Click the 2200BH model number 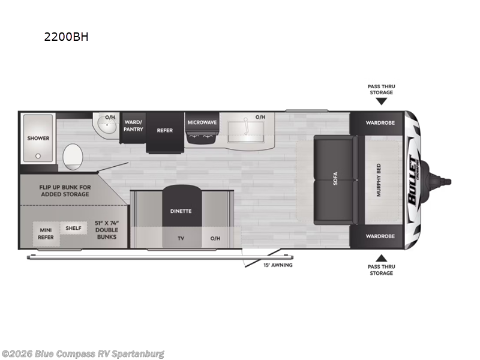(67, 37)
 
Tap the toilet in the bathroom (73, 157)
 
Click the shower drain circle (38, 156)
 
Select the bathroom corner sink (106, 125)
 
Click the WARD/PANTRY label (133, 126)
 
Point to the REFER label (164, 130)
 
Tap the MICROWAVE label (202, 122)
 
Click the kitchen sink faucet (245, 126)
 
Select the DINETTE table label (181, 211)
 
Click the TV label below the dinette (181, 238)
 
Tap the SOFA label (335, 178)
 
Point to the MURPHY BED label (379, 180)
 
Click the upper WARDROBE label (380, 123)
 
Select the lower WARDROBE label (380, 236)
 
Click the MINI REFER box (46, 234)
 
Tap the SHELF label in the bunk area (73, 228)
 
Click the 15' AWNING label (278, 265)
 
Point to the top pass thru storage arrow (382, 101)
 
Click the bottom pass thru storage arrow (382, 258)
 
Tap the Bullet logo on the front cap (414, 180)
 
